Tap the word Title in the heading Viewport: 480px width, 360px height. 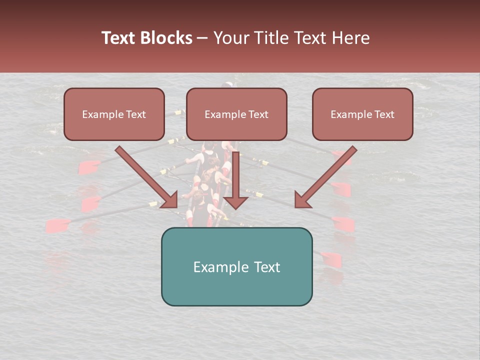pos(271,38)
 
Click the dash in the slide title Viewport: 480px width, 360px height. pos(203,38)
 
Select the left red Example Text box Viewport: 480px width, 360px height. pos(114,114)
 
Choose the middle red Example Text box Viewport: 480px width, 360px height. pos(236,114)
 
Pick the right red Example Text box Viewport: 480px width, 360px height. pos(362,114)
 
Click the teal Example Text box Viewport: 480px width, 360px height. pos(236,266)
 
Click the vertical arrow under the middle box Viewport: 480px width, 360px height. pos(235,180)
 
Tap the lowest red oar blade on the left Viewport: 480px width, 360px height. pos(58,226)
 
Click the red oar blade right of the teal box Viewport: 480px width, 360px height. pos(331,259)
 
